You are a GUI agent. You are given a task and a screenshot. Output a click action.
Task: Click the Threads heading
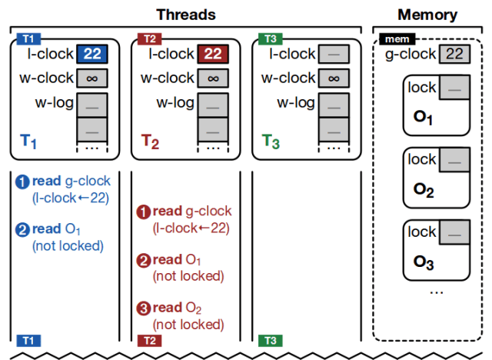(186, 15)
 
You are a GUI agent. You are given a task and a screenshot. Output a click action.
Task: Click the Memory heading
(427, 15)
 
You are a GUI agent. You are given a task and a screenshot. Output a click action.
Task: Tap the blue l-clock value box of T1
(92, 55)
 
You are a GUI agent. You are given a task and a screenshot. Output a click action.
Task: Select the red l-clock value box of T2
(213, 55)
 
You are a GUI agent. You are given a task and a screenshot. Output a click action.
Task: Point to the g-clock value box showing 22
(451, 55)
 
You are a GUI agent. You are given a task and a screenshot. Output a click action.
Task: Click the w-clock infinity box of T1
(92, 78)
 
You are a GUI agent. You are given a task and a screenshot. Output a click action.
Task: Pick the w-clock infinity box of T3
(334, 78)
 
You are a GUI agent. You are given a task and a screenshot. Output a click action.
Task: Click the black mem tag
(397, 38)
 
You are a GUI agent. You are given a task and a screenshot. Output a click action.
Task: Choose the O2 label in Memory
(424, 190)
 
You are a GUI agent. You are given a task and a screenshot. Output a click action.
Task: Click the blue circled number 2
(22, 228)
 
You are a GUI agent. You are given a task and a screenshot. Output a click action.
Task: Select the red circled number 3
(143, 311)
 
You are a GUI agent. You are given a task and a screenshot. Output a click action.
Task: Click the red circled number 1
(143, 212)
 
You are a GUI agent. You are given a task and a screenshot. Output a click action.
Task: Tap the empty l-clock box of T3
(334, 55)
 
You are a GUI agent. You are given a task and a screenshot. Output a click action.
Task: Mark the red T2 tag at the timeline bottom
(148, 340)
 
